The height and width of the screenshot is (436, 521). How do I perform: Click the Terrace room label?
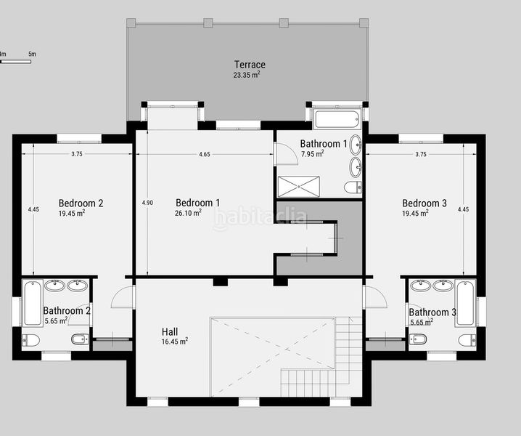coord(249,65)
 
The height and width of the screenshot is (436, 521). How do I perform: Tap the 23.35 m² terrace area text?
coord(247,76)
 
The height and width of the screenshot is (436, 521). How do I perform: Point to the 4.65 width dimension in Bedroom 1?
coord(205,154)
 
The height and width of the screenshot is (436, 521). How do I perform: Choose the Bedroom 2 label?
coord(81,203)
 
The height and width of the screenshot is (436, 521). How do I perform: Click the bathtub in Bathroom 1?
coord(337,118)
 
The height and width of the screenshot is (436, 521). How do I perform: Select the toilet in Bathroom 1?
coord(352,187)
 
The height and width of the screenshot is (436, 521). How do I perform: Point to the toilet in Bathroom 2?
coord(31,340)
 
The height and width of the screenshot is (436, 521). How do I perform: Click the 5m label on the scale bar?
coord(33,54)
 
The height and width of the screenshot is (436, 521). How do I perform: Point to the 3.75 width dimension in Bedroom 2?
coord(77,154)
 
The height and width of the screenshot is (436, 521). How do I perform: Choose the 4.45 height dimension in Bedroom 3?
coord(464,209)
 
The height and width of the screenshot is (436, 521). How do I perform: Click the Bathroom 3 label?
coord(432,312)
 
